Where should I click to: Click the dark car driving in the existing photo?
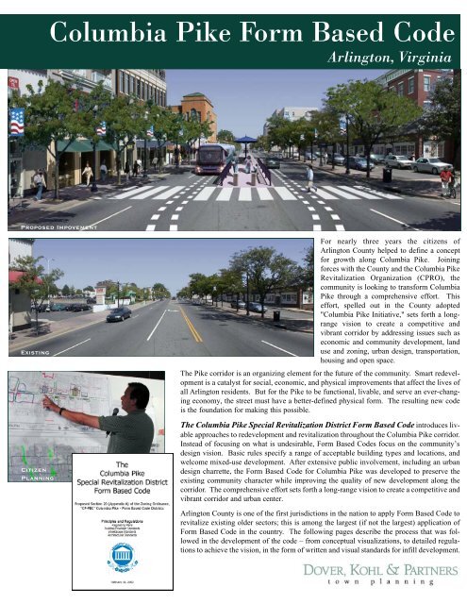pyautogui.click(x=118, y=313)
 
